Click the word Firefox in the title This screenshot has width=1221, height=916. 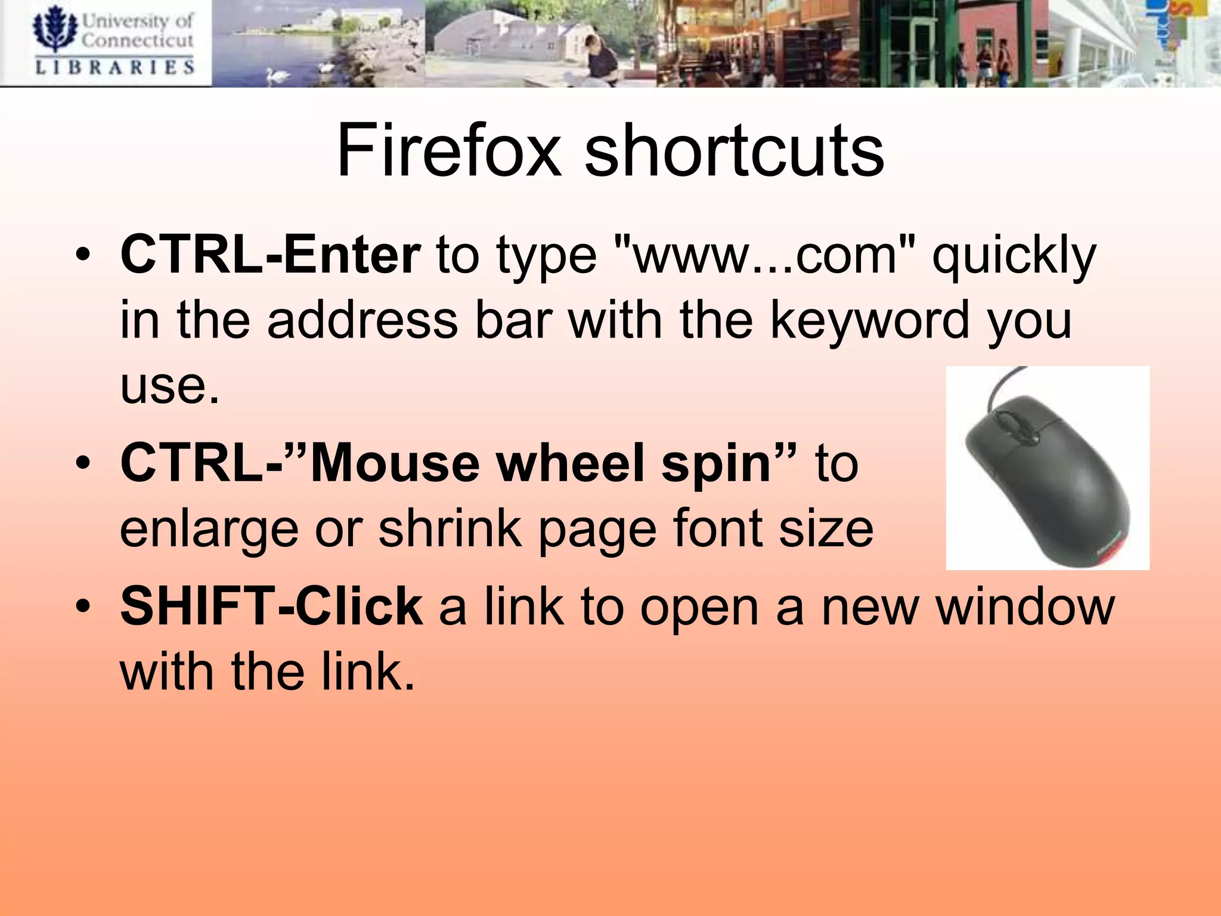click(448, 150)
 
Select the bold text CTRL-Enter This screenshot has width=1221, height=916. click(271, 255)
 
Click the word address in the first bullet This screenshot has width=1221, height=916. click(362, 321)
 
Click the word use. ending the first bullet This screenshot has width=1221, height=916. click(170, 386)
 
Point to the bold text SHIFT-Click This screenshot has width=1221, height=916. click(272, 606)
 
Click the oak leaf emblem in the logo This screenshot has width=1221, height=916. click(55, 29)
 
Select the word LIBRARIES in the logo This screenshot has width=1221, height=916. click(114, 67)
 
